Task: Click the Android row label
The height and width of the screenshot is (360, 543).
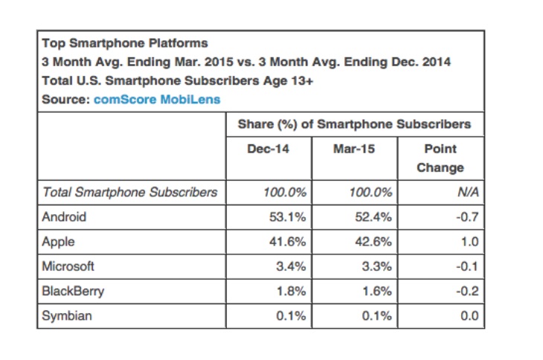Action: click(x=65, y=217)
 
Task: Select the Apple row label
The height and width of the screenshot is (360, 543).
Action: click(x=59, y=242)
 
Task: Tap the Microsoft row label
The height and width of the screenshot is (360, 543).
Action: click(x=68, y=266)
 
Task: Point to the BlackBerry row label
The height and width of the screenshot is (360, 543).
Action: click(x=72, y=291)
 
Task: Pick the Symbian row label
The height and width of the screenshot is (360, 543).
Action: click(x=67, y=316)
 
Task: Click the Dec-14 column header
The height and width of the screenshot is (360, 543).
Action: click(x=268, y=149)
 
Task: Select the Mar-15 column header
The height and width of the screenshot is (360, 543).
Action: click(x=354, y=149)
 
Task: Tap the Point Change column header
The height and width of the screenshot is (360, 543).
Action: click(x=440, y=158)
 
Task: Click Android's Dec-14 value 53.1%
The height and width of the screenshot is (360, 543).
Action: click(x=286, y=217)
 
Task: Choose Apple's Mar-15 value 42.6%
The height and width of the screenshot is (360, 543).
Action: click(x=372, y=242)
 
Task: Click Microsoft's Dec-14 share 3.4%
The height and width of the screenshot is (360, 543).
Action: click(x=290, y=266)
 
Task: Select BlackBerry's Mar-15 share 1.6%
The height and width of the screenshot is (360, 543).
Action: click(x=376, y=291)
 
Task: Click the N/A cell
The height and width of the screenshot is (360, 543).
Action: click(x=467, y=192)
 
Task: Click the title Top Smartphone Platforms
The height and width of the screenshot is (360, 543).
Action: click(x=125, y=42)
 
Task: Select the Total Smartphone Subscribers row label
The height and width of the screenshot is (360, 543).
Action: click(x=130, y=192)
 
